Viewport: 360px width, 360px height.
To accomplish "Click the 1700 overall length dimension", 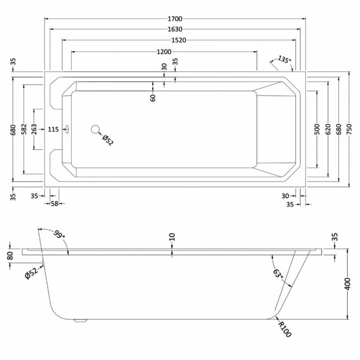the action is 175,18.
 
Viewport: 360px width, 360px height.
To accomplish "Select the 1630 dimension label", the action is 175,29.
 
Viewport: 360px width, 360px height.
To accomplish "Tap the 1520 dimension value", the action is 179,40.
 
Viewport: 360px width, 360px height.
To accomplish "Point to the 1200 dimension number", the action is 164,52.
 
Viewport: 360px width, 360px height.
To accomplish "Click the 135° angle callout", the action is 284,59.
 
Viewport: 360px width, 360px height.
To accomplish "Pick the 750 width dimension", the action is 349,129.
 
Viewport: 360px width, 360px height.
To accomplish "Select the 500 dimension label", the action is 317,129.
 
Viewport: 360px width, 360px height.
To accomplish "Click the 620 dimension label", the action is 328,129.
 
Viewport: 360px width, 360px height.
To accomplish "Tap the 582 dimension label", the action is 24,129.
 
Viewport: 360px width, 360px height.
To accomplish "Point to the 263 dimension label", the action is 34,129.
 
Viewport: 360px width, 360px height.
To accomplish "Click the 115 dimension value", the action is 53,130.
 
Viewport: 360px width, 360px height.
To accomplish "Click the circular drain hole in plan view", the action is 95,129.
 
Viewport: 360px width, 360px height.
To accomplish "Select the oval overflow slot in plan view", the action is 67,129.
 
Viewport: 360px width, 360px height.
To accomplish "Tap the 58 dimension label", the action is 54,204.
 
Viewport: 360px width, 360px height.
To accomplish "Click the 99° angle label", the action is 59,234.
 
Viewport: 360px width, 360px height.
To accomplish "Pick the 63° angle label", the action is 278,274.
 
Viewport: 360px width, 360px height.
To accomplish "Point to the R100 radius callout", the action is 285,329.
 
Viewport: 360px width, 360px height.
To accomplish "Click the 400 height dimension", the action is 347,284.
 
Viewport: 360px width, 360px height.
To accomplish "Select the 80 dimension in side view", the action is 10,256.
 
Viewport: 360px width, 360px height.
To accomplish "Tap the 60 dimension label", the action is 153,98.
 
